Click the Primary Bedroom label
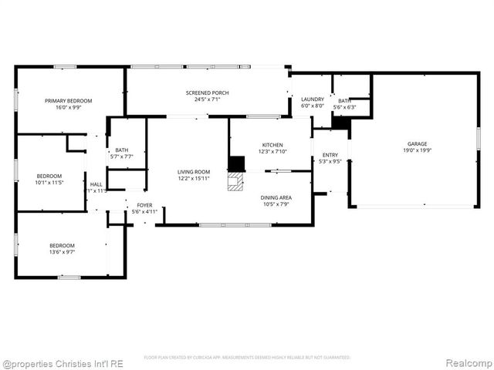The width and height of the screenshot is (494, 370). tap(68, 101)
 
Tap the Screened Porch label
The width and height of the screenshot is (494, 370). tap(207, 93)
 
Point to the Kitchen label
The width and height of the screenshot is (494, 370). tap(272, 145)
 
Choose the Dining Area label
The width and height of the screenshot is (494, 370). tap(276, 197)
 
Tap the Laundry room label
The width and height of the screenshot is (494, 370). tap(312, 99)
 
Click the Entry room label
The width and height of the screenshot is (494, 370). tap(330, 156)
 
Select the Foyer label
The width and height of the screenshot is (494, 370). tap(144, 205)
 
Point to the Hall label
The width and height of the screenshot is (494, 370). tap(96, 184)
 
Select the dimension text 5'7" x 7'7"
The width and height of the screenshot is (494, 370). tap(122, 156)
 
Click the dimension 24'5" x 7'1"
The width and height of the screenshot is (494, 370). tap(207, 99)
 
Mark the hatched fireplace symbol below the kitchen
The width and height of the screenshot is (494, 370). tap(234, 181)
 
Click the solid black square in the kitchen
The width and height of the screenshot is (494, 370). tap(236, 163)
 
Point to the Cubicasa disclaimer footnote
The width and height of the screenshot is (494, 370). tap(247, 358)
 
